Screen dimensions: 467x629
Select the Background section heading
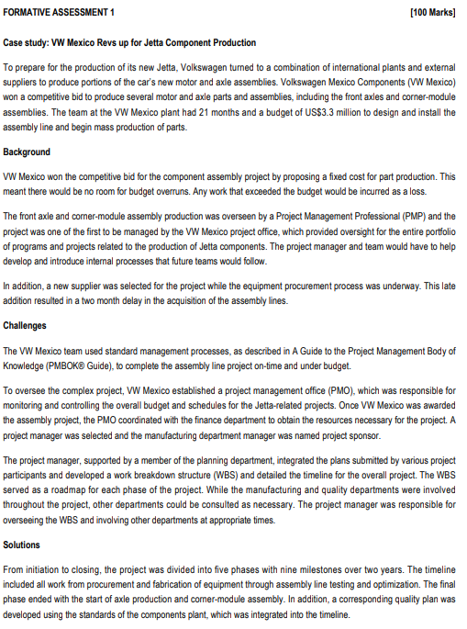pos(28,152)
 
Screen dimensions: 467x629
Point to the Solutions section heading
pos(25,545)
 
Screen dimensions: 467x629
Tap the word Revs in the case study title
pos(115,42)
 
